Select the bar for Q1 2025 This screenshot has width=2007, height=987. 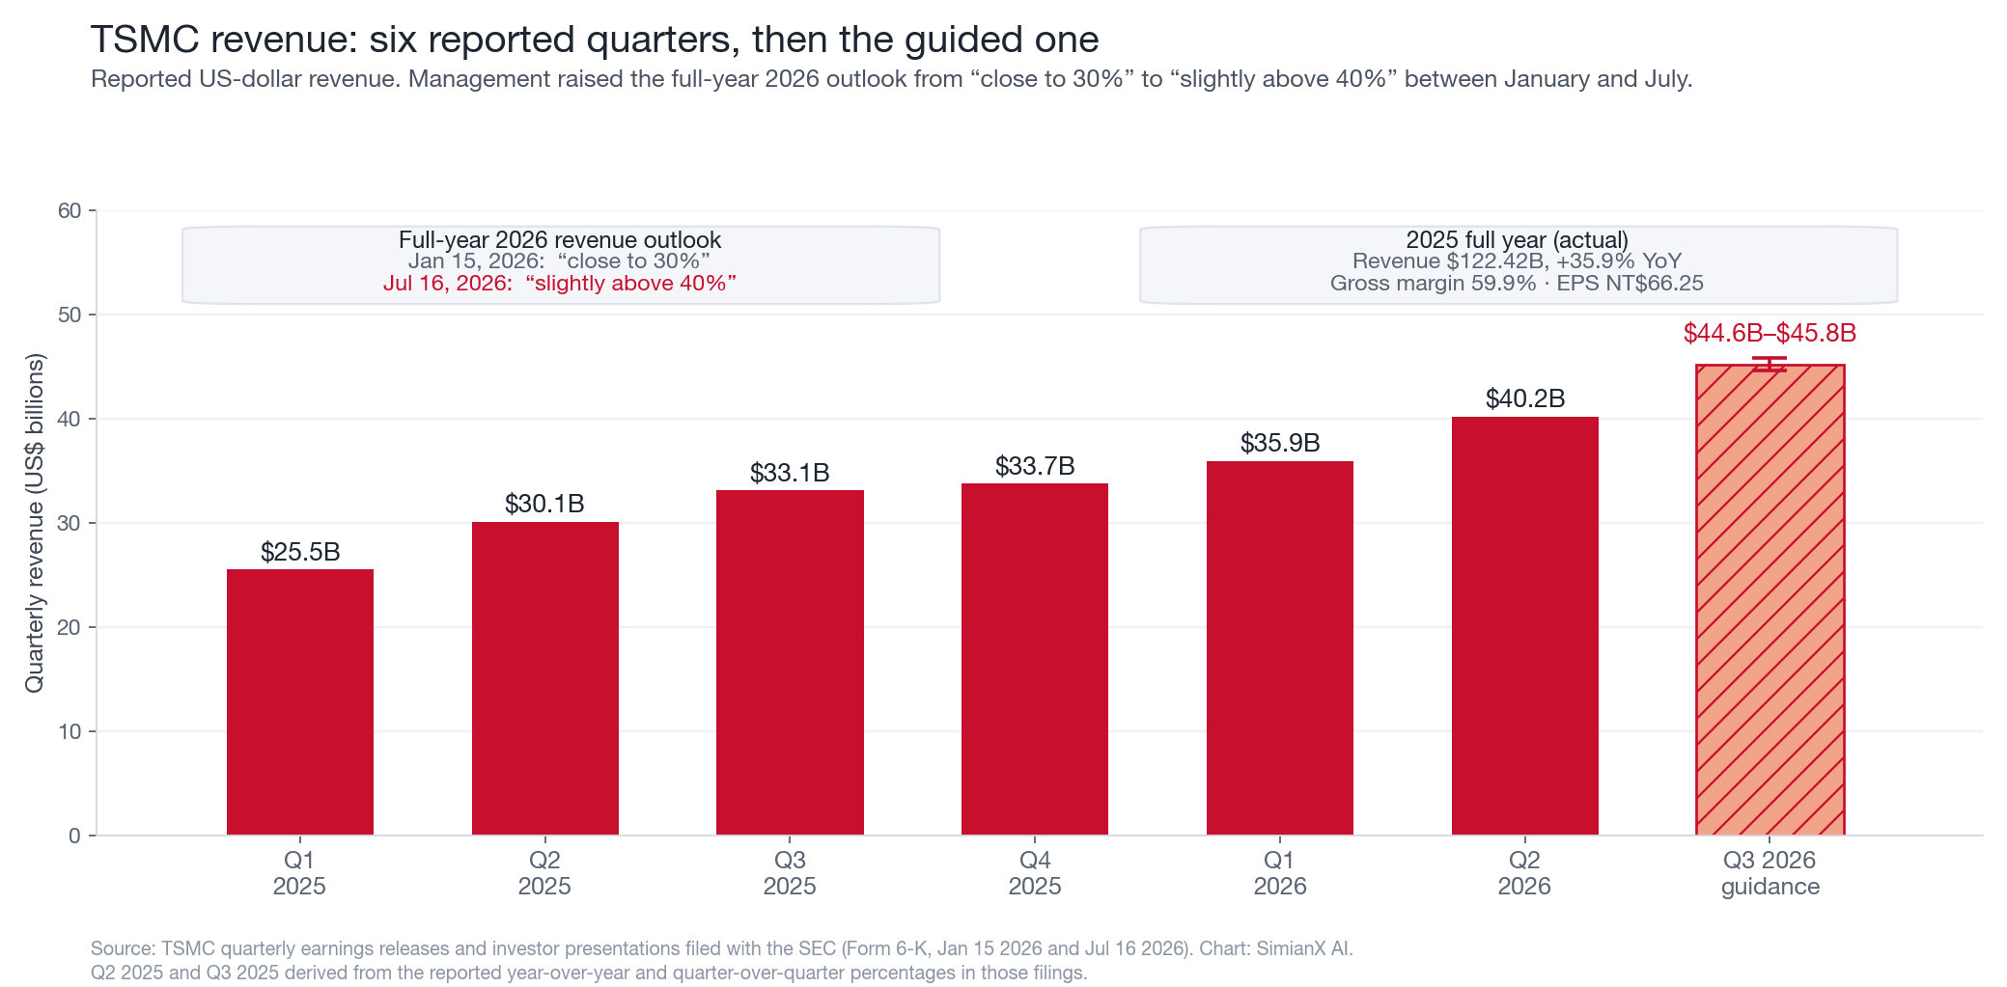click(299, 702)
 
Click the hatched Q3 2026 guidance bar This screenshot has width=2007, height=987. click(1770, 600)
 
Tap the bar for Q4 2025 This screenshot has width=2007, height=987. click(1035, 659)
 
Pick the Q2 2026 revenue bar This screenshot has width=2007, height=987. click(1524, 626)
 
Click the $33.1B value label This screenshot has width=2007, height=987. click(790, 473)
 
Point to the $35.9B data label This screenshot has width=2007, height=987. click(1280, 443)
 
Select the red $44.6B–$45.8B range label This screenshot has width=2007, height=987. click(1770, 333)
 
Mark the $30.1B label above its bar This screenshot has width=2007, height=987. click(544, 504)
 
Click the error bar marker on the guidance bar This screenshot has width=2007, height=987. click(1770, 364)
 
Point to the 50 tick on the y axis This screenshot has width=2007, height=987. click(70, 315)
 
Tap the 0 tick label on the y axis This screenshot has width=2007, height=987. click(75, 836)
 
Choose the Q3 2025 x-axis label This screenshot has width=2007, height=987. click(790, 873)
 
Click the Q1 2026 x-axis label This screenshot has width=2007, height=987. click(1280, 873)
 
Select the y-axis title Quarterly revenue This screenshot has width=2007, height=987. click(35, 523)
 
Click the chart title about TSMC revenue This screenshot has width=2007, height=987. click(595, 40)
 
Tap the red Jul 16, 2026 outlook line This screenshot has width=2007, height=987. click(560, 283)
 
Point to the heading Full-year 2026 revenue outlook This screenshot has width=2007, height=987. click(560, 239)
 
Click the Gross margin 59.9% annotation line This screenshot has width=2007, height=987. click(1517, 283)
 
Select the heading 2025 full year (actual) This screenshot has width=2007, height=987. click(1518, 239)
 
